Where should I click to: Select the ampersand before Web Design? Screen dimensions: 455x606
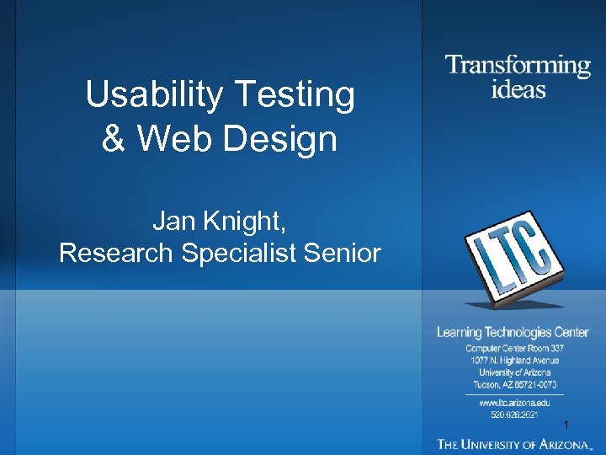point(111,138)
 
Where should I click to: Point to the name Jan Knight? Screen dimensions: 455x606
point(220,222)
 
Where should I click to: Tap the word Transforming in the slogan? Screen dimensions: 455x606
point(517,66)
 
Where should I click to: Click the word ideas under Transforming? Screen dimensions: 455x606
point(518,88)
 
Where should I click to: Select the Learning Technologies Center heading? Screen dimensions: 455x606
point(513,333)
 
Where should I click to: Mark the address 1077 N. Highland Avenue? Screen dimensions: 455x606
point(514,361)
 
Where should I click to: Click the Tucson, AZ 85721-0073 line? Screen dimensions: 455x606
point(514,384)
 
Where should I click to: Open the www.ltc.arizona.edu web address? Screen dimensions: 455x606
point(514,403)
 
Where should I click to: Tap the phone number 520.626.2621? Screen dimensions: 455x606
point(514,415)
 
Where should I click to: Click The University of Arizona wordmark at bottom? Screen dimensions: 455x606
point(513,443)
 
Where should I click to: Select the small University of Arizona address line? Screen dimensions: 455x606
point(514,372)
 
